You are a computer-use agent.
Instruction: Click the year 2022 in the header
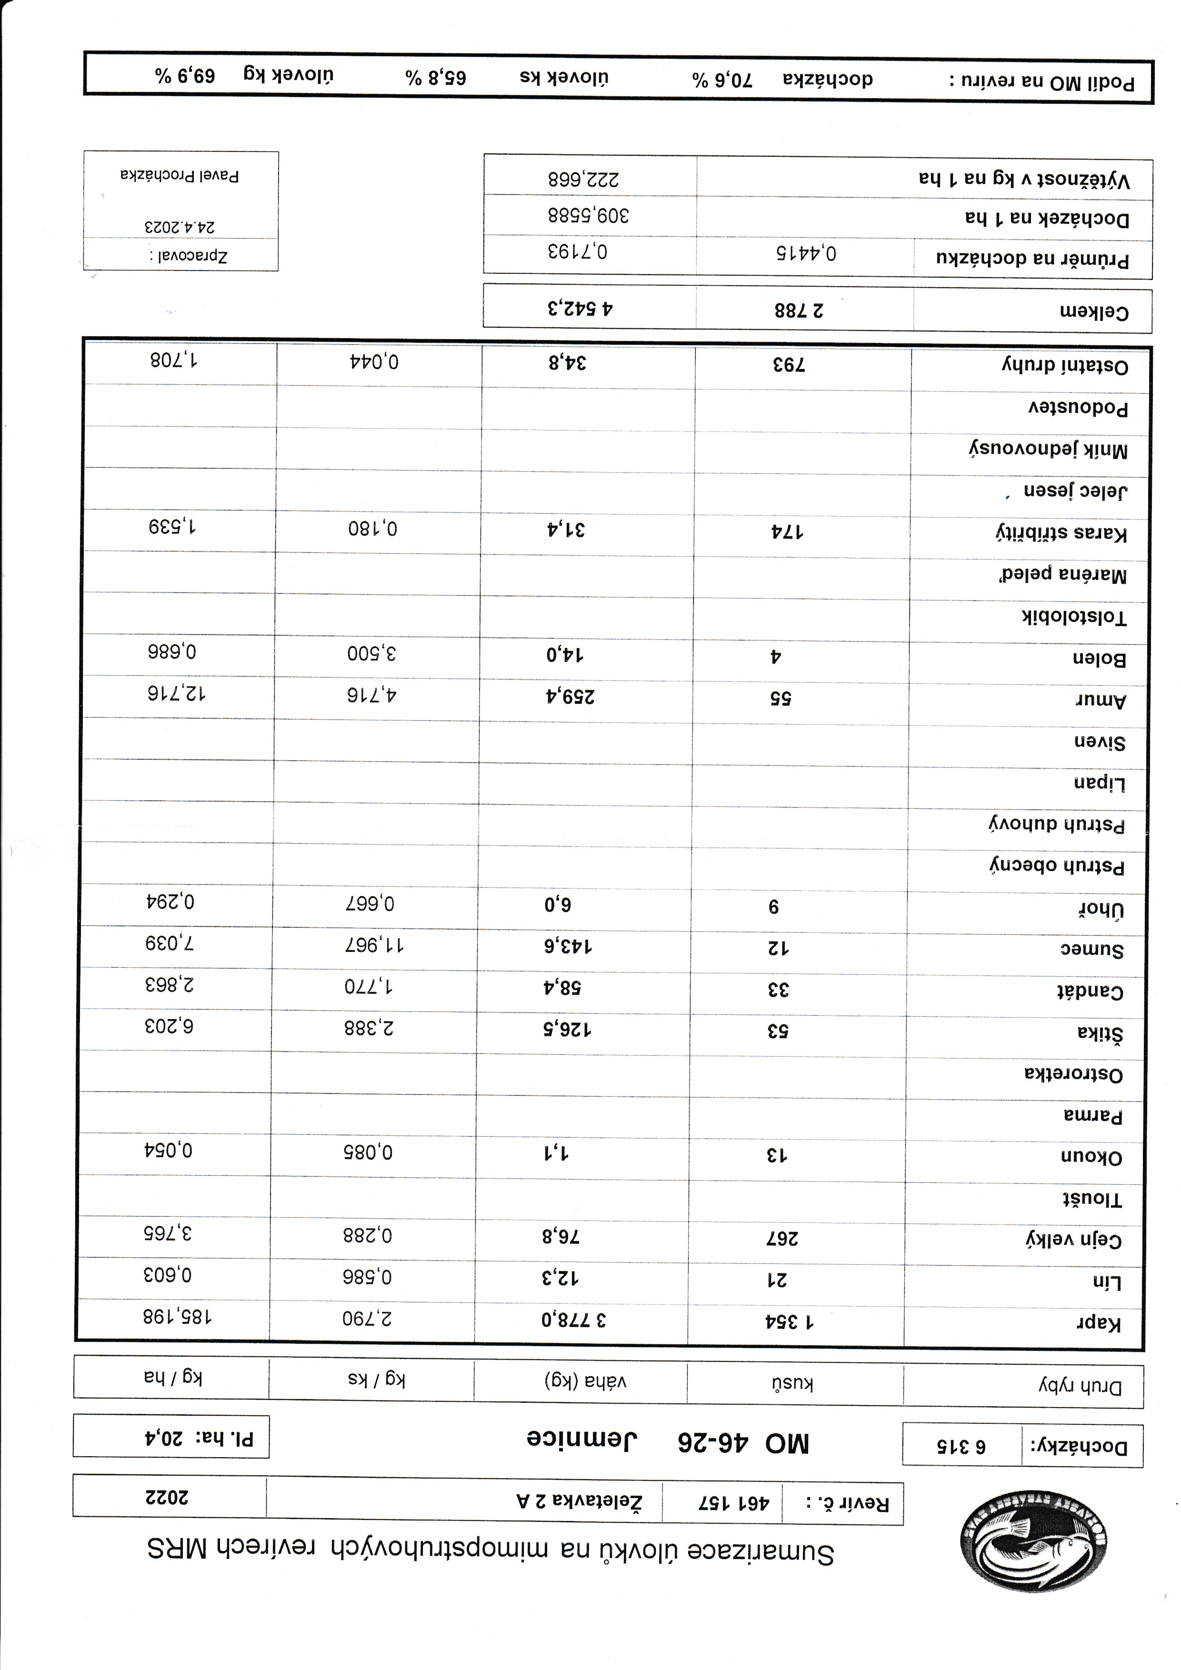pyautogui.click(x=167, y=1496)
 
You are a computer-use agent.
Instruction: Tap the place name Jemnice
pyautogui.click(x=582, y=1440)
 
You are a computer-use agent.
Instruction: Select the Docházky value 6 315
pyautogui.click(x=961, y=1445)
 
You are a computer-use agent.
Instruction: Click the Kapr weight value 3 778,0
pyautogui.click(x=574, y=1320)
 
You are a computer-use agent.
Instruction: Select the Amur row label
pyautogui.click(x=1100, y=700)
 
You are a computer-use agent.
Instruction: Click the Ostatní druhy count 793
pyautogui.click(x=789, y=364)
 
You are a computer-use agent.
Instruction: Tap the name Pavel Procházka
pyautogui.click(x=180, y=175)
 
